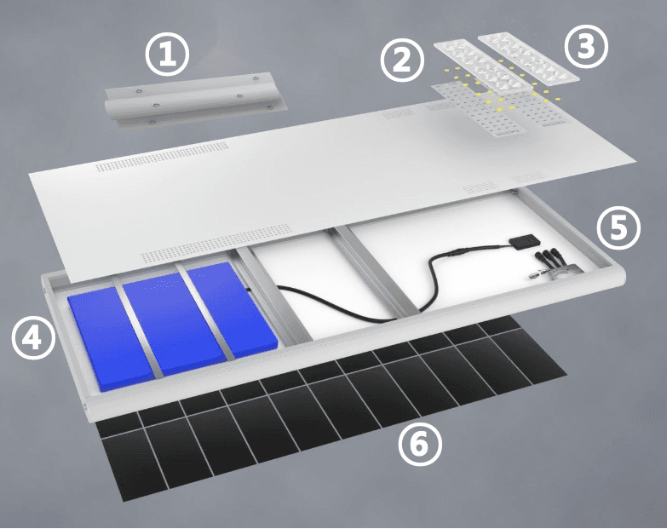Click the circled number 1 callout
(167, 55)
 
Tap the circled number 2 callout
(402, 60)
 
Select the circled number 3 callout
(586, 46)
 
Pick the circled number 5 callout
(618, 228)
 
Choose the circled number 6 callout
(420, 445)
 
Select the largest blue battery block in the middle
(175, 324)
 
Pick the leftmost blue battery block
(111, 338)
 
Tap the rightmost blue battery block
(233, 309)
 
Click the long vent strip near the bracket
(163, 157)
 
